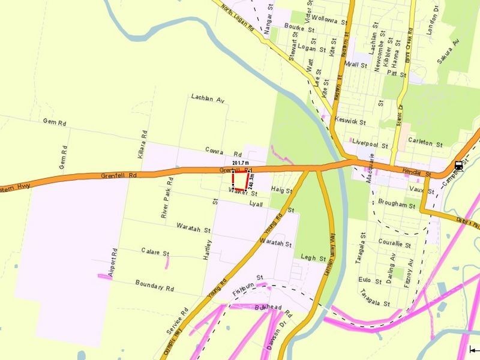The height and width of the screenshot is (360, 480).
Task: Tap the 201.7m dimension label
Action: pyautogui.click(x=240, y=163)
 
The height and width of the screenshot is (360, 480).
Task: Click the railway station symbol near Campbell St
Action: pyautogui.click(x=459, y=166)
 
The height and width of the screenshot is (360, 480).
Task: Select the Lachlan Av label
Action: pyautogui.click(x=207, y=97)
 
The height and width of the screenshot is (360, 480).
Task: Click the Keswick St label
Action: pyautogui.click(x=350, y=121)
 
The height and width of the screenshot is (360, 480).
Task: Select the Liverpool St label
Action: pyautogui.click(x=367, y=143)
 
